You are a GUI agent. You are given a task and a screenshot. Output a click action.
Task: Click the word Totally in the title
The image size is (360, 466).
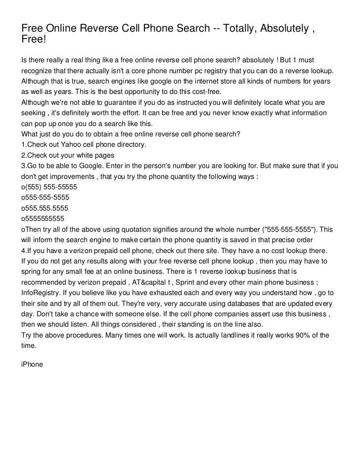pos(243,28)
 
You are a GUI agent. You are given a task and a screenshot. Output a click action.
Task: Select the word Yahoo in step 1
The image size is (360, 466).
pos(73,145)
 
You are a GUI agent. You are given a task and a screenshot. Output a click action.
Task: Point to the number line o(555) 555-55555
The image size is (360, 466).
pos(49,188)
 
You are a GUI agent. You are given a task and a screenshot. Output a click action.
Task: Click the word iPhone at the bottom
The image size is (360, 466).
pos(32,365)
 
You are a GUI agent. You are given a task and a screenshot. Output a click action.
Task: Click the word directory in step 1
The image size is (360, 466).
pos(130,145)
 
